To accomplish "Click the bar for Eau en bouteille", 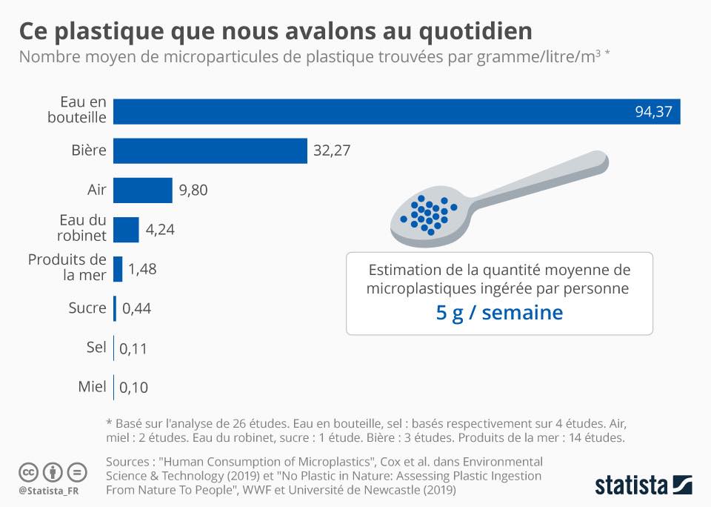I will click(x=396, y=110).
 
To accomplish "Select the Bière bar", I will click(x=210, y=150).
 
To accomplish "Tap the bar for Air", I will click(x=143, y=190).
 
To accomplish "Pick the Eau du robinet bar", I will click(x=126, y=229).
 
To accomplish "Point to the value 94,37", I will click(x=652, y=111).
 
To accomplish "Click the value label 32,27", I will click(x=332, y=150).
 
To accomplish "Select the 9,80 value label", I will click(x=193, y=190).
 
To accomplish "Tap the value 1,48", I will click(x=142, y=268).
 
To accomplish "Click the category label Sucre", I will click(x=87, y=308).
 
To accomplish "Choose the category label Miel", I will click(x=92, y=386).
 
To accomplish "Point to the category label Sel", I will click(x=96, y=347).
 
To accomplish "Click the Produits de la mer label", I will click(x=67, y=268).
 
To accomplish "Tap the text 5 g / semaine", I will click(x=499, y=313).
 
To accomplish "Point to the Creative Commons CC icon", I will click(x=28, y=472).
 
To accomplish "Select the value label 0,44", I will click(x=136, y=308).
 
